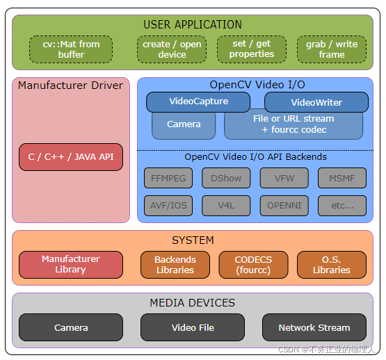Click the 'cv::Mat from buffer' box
[71, 49]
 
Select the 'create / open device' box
[172, 49]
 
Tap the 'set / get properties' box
[252, 49]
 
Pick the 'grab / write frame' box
[332, 49]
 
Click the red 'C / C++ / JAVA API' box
[71, 157]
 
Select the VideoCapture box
[198, 101]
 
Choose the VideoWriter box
[316, 102]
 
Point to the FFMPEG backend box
[168, 178]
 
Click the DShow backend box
[226, 178]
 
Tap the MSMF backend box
[341, 178]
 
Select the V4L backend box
[226, 205]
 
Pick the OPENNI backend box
[284, 205]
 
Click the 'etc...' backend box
[341, 205]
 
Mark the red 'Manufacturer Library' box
[71, 264]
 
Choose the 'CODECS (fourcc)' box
[253, 264]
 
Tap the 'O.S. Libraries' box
[332, 264]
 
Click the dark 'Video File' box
[193, 327]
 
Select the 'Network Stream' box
[314, 327]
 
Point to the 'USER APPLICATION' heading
[193, 24]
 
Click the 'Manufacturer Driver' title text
[70, 85]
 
